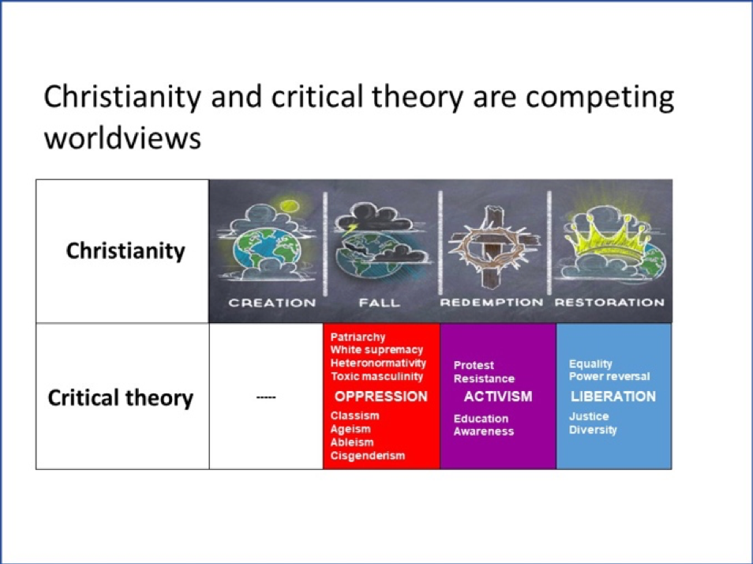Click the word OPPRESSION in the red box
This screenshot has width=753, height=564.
[x=380, y=397]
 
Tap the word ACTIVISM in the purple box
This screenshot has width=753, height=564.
[x=498, y=397]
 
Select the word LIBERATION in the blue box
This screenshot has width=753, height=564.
[x=613, y=397]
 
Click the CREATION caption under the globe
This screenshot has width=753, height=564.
[x=272, y=303]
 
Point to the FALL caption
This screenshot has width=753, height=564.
[x=380, y=303]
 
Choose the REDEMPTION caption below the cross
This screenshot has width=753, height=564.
[x=491, y=303]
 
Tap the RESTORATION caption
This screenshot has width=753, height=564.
[x=609, y=303]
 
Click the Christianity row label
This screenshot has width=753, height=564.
[x=126, y=250]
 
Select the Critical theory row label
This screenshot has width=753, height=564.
[x=121, y=398]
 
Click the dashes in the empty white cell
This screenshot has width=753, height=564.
[x=266, y=397]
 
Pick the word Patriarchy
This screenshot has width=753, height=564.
[x=358, y=337]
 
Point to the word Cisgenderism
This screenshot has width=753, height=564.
[x=367, y=456]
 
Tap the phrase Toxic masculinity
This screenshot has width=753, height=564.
[x=376, y=376]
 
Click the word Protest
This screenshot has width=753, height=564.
[x=474, y=365]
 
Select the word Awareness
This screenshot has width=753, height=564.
[x=484, y=431]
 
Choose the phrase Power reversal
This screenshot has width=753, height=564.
[x=609, y=376]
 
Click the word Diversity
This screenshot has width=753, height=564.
[x=593, y=430]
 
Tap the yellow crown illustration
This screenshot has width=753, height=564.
[x=610, y=240]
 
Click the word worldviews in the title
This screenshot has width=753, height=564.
[x=122, y=138]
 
